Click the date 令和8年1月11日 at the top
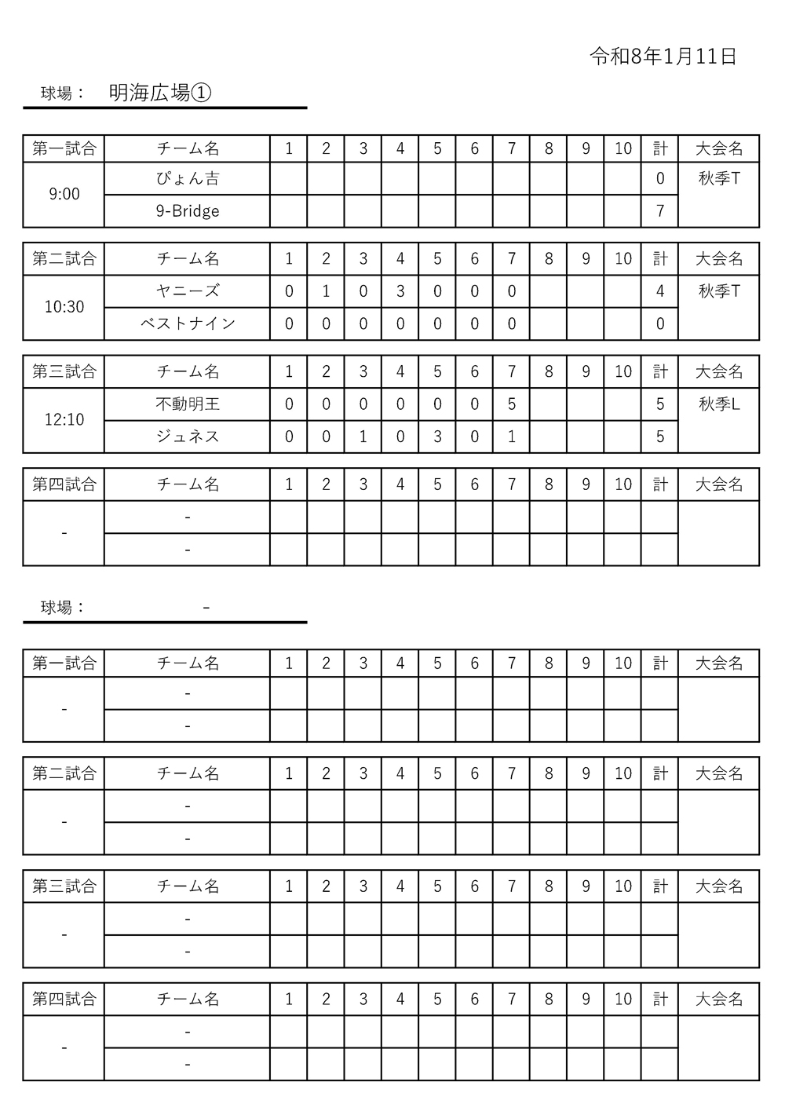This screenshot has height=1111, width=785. (x=663, y=57)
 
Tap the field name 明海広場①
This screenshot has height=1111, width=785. (x=160, y=93)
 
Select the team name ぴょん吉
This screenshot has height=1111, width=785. (x=188, y=179)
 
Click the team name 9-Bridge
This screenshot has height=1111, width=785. (x=188, y=211)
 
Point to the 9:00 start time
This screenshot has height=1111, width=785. (x=64, y=194)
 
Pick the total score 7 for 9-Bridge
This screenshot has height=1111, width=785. (x=660, y=211)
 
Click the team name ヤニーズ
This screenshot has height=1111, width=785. (x=188, y=291)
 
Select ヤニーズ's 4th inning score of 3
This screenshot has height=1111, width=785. (x=400, y=291)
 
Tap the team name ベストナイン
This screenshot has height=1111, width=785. (x=188, y=323)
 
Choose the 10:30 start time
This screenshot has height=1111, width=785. (x=64, y=307)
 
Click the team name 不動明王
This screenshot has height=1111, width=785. (x=188, y=404)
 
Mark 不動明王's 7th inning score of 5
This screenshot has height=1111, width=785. (x=512, y=404)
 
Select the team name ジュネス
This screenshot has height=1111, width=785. (x=188, y=437)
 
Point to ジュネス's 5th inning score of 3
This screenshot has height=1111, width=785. (x=437, y=437)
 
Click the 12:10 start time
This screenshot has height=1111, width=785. (x=64, y=420)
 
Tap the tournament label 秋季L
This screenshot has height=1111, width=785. (x=719, y=404)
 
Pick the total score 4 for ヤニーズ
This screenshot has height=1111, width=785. (x=660, y=291)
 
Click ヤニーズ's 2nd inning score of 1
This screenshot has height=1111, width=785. (x=326, y=291)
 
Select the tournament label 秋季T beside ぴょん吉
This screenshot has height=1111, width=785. (x=719, y=179)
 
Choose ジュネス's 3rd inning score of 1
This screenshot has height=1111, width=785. (x=363, y=437)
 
